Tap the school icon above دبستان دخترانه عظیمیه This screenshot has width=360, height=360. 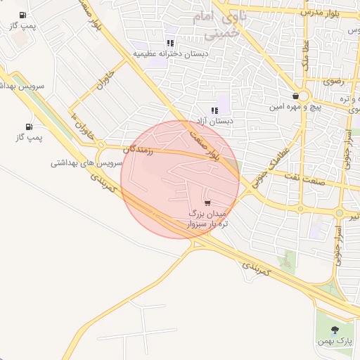click(170, 43)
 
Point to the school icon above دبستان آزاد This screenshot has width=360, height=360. click(214, 110)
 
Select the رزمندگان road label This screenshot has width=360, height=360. click(138, 149)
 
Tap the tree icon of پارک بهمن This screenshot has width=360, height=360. click(334, 329)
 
